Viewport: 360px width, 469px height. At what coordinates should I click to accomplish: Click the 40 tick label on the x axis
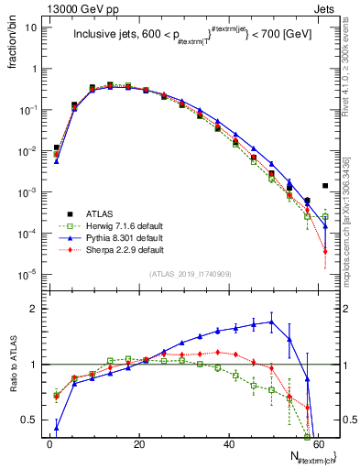point(229,444)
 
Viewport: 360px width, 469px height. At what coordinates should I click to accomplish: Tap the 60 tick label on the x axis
point(319,444)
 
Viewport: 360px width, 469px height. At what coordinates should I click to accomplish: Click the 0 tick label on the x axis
point(49,444)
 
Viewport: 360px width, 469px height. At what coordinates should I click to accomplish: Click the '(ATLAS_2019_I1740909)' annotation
point(191,273)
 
